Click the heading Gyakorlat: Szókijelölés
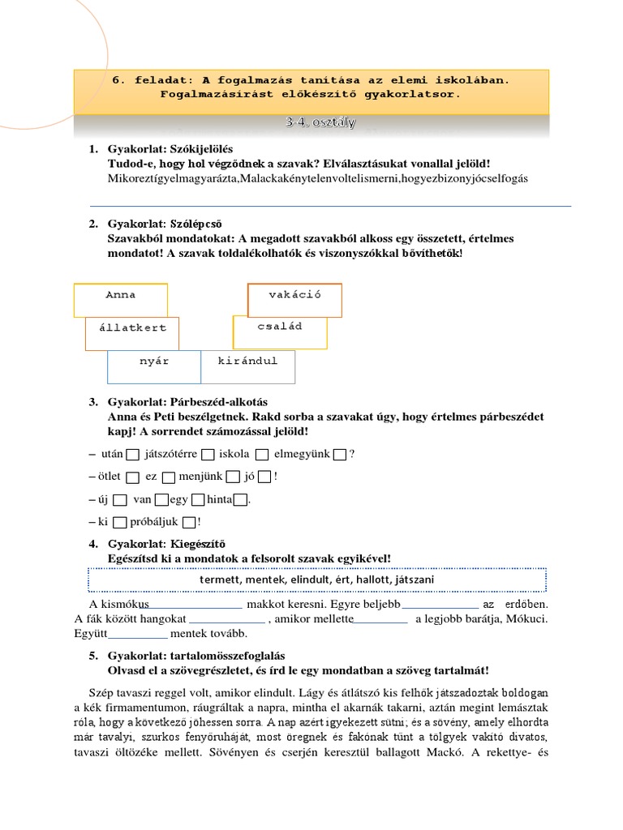[x=170, y=150]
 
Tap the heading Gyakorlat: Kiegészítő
[x=166, y=544]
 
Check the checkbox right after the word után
[x=133, y=455]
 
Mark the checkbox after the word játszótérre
[x=208, y=455]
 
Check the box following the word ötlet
[x=133, y=477]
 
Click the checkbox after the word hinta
[x=240, y=500]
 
